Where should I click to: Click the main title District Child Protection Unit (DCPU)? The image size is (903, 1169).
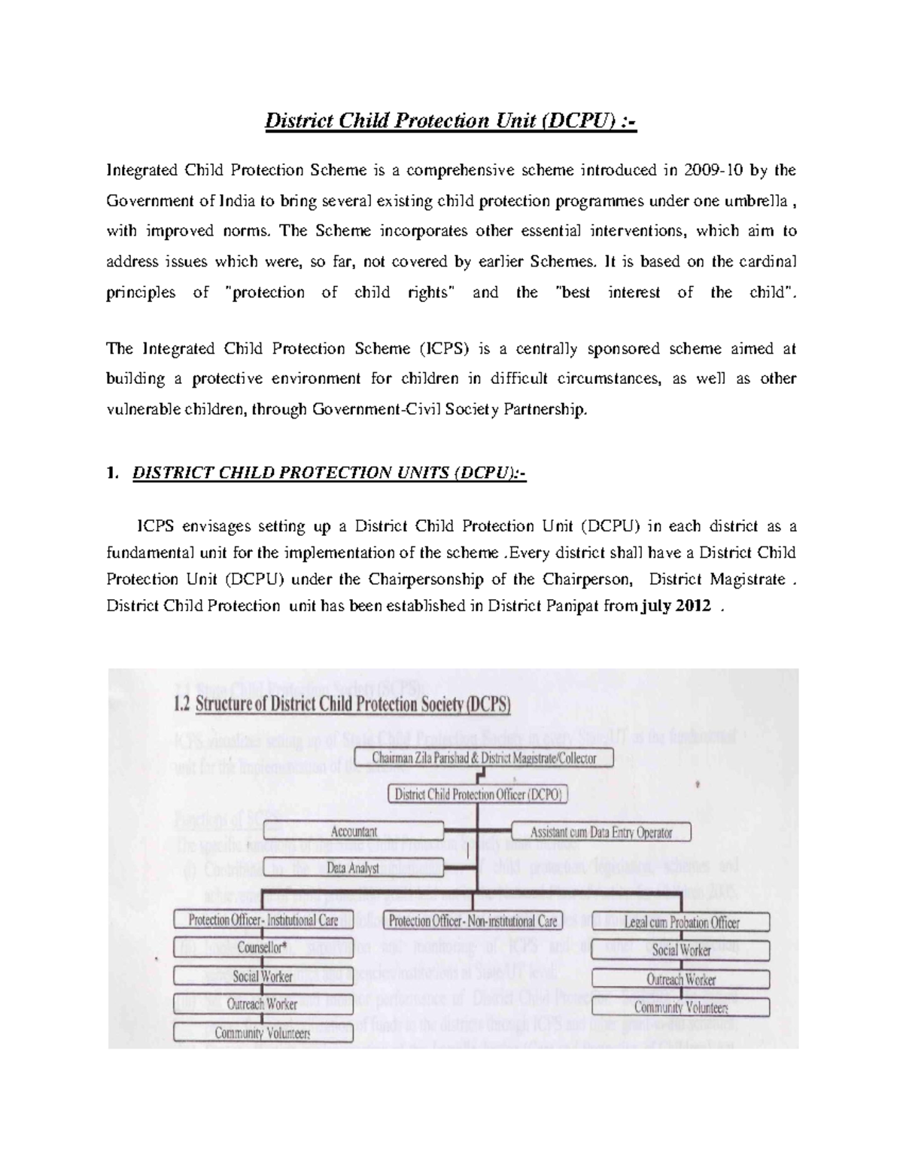pyautogui.click(x=450, y=121)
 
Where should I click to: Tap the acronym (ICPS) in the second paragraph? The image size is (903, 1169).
pyautogui.click(x=443, y=349)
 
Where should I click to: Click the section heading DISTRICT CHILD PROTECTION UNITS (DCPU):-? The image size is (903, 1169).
pyautogui.click(x=330, y=473)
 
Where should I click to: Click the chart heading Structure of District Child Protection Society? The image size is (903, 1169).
pyautogui.click(x=352, y=706)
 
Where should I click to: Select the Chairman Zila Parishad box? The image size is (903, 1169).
pyautogui.click(x=493, y=758)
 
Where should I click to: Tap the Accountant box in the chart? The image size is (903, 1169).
pyautogui.click(x=354, y=832)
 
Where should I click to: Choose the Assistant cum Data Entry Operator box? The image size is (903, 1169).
pyautogui.click(x=600, y=833)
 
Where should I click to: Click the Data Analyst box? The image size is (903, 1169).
pyautogui.click(x=354, y=868)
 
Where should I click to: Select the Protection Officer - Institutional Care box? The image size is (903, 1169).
pyautogui.click(x=263, y=920)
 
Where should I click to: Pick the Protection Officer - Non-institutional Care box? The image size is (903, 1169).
pyautogui.click(x=474, y=921)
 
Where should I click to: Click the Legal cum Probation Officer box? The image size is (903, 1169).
pyautogui.click(x=681, y=922)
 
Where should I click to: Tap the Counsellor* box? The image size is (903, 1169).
pyautogui.click(x=263, y=948)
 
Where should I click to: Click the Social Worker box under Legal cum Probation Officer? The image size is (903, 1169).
pyautogui.click(x=681, y=950)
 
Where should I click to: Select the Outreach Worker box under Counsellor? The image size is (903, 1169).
pyautogui.click(x=263, y=1004)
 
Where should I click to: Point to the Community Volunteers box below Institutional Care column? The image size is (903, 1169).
pyautogui.click(x=263, y=1033)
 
